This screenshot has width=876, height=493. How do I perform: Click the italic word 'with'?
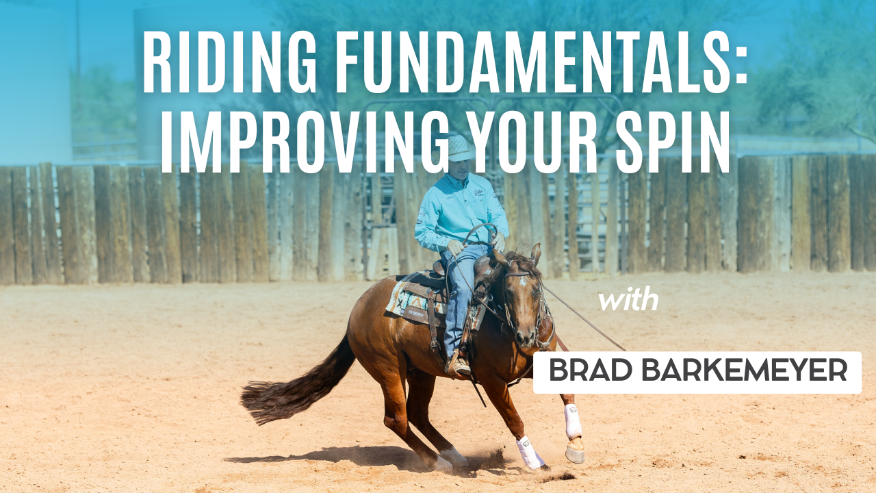coord(628,301)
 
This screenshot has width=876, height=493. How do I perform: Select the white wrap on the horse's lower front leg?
coord(572,420)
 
